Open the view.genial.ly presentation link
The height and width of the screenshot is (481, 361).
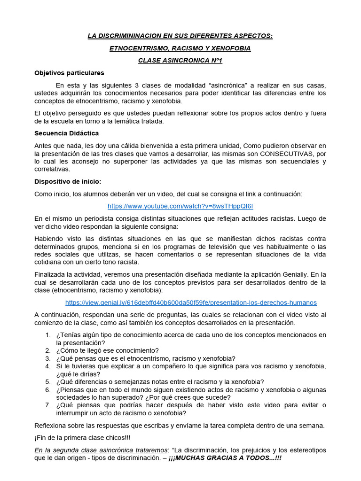coord(191,303)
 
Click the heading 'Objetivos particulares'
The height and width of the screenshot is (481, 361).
coord(69,73)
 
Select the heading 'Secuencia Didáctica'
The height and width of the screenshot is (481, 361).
coord(66,133)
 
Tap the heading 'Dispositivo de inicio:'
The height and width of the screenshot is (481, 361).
coord(68,181)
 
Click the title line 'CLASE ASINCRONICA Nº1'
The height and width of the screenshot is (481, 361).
coord(180,60)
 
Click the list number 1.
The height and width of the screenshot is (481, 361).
coord(48,335)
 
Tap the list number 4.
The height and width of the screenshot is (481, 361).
coord(48,366)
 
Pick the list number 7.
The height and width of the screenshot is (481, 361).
coord(48,405)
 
